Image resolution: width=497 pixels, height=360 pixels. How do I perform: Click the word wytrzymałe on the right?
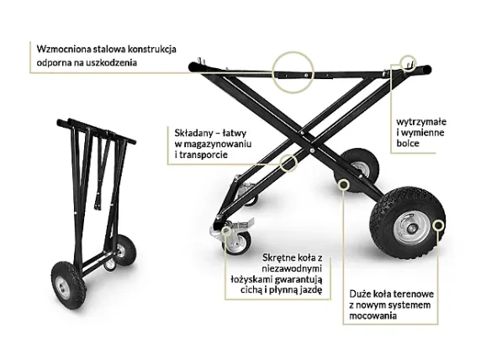[x=421, y=122]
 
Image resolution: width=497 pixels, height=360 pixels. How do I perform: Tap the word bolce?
[x=408, y=143]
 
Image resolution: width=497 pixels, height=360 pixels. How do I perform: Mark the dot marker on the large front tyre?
[x=439, y=225]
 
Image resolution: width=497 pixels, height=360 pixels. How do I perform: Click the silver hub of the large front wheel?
[x=410, y=227]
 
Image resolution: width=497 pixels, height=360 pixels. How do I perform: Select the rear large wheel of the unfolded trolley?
[x=357, y=170]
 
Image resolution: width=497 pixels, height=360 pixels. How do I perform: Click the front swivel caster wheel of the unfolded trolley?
[x=237, y=243]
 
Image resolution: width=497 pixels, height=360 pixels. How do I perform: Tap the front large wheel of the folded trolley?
[x=68, y=285]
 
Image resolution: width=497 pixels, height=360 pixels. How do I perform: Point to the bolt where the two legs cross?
[x=312, y=151]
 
